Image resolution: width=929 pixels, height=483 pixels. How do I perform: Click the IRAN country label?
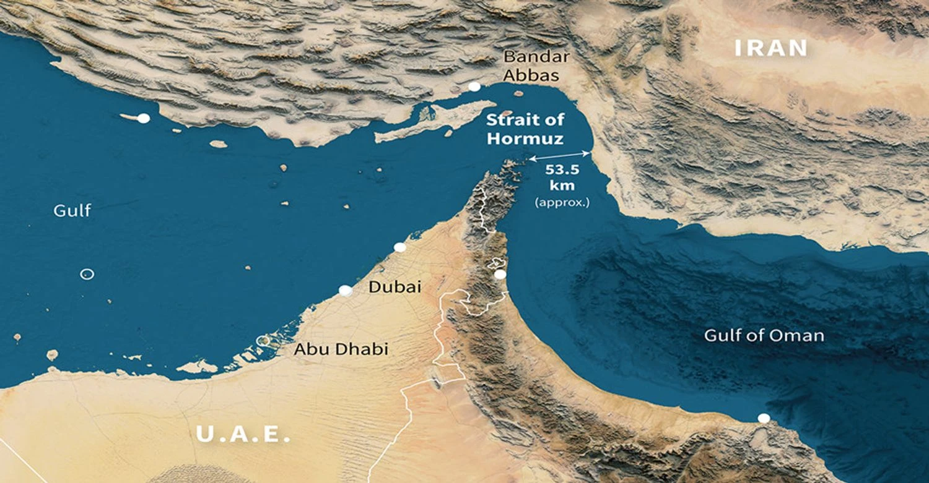click(x=772, y=48)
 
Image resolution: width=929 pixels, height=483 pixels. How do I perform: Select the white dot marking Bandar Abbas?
click(x=474, y=87)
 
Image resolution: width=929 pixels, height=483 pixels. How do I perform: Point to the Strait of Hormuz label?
click(x=525, y=129)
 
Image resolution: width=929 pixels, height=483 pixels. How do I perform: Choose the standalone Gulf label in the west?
click(x=72, y=211)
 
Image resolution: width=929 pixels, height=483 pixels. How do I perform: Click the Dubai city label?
click(x=395, y=287)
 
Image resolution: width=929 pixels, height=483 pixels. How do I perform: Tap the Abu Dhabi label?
click(x=341, y=349)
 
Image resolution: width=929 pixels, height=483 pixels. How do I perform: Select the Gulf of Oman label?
click(x=764, y=336)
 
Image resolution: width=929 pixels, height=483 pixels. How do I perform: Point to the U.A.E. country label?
click(x=243, y=434)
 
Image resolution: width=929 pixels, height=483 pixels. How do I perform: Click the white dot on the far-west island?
click(x=144, y=118)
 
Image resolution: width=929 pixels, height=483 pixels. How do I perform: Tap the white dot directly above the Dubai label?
click(x=400, y=247)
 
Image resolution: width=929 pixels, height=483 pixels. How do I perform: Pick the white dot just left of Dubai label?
click(x=346, y=291)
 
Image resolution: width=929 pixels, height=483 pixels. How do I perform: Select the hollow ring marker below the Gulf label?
click(x=87, y=274)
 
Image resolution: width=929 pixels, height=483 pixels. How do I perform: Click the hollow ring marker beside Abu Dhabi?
click(x=264, y=340)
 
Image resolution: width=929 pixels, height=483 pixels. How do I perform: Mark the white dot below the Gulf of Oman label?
click(x=764, y=418)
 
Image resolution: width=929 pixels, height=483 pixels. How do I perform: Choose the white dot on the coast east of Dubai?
click(x=500, y=274)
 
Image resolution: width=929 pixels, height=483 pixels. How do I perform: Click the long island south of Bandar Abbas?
click(x=434, y=121)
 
